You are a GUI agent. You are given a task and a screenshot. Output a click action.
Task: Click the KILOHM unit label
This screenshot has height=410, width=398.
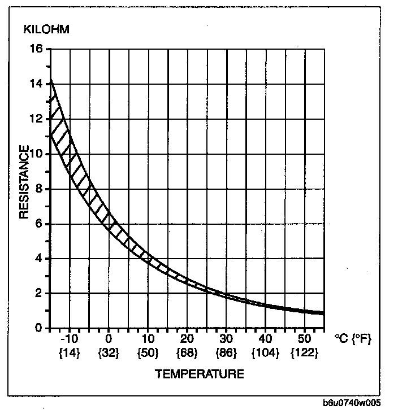(x=46, y=29)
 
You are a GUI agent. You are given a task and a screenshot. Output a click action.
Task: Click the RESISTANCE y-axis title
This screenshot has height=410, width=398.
(x=25, y=182)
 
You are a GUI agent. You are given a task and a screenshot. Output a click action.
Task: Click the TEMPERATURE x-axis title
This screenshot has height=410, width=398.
(x=199, y=374)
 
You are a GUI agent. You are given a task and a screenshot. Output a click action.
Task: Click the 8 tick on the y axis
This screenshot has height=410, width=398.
(x=39, y=189)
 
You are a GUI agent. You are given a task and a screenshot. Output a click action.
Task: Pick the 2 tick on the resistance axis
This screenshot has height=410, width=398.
(x=39, y=294)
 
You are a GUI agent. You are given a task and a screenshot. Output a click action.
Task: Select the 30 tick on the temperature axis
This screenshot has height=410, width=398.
(x=226, y=340)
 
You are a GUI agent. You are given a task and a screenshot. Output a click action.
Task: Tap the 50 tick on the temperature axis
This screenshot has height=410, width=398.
(x=304, y=340)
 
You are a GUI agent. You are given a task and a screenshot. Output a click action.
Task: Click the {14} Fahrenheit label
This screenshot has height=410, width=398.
(x=69, y=353)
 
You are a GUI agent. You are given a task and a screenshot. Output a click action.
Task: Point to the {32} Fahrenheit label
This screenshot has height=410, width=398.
(x=108, y=353)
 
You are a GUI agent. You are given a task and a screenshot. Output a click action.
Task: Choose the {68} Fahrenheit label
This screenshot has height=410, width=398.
(x=187, y=353)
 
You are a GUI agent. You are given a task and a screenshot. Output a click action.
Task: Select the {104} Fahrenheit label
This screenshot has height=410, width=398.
(x=265, y=353)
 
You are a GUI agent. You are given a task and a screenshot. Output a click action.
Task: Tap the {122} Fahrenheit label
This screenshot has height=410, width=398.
(x=304, y=353)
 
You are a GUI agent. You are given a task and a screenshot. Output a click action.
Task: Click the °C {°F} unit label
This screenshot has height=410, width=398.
(x=352, y=340)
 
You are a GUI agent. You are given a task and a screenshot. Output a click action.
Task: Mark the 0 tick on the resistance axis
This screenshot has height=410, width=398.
(x=39, y=329)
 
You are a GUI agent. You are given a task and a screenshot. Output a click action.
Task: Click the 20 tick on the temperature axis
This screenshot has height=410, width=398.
(x=187, y=340)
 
